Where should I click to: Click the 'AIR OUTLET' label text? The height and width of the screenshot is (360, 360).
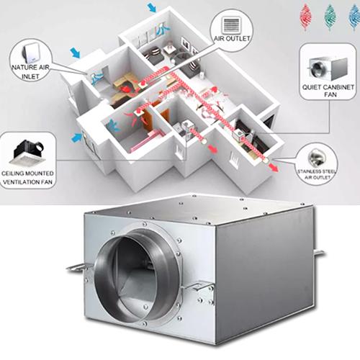click(232, 38)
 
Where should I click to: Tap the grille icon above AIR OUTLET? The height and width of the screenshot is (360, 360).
click(231, 24)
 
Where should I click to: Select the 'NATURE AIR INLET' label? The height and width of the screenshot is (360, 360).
click(30, 72)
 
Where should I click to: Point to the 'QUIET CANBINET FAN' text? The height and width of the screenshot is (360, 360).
click(328, 91)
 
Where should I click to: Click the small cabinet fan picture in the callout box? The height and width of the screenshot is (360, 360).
click(328, 68)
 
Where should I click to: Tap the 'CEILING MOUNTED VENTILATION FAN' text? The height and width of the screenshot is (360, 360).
click(27, 178)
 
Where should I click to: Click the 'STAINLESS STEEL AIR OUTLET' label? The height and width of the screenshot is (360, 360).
click(317, 174)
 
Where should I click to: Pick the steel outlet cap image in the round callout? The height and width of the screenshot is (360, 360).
click(317, 158)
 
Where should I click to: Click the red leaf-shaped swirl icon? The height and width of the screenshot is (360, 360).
click(306, 17)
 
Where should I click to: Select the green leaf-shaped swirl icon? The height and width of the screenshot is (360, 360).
click(330, 17)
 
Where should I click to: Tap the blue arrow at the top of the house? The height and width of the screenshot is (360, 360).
click(152, 6)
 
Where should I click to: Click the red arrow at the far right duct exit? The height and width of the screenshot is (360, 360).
click(274, 167)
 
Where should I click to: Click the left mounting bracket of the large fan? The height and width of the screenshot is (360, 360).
click(76, 268)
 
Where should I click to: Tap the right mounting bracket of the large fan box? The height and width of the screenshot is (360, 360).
click(319, 253)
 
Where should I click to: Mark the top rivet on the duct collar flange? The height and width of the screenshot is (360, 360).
click(145, 224)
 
